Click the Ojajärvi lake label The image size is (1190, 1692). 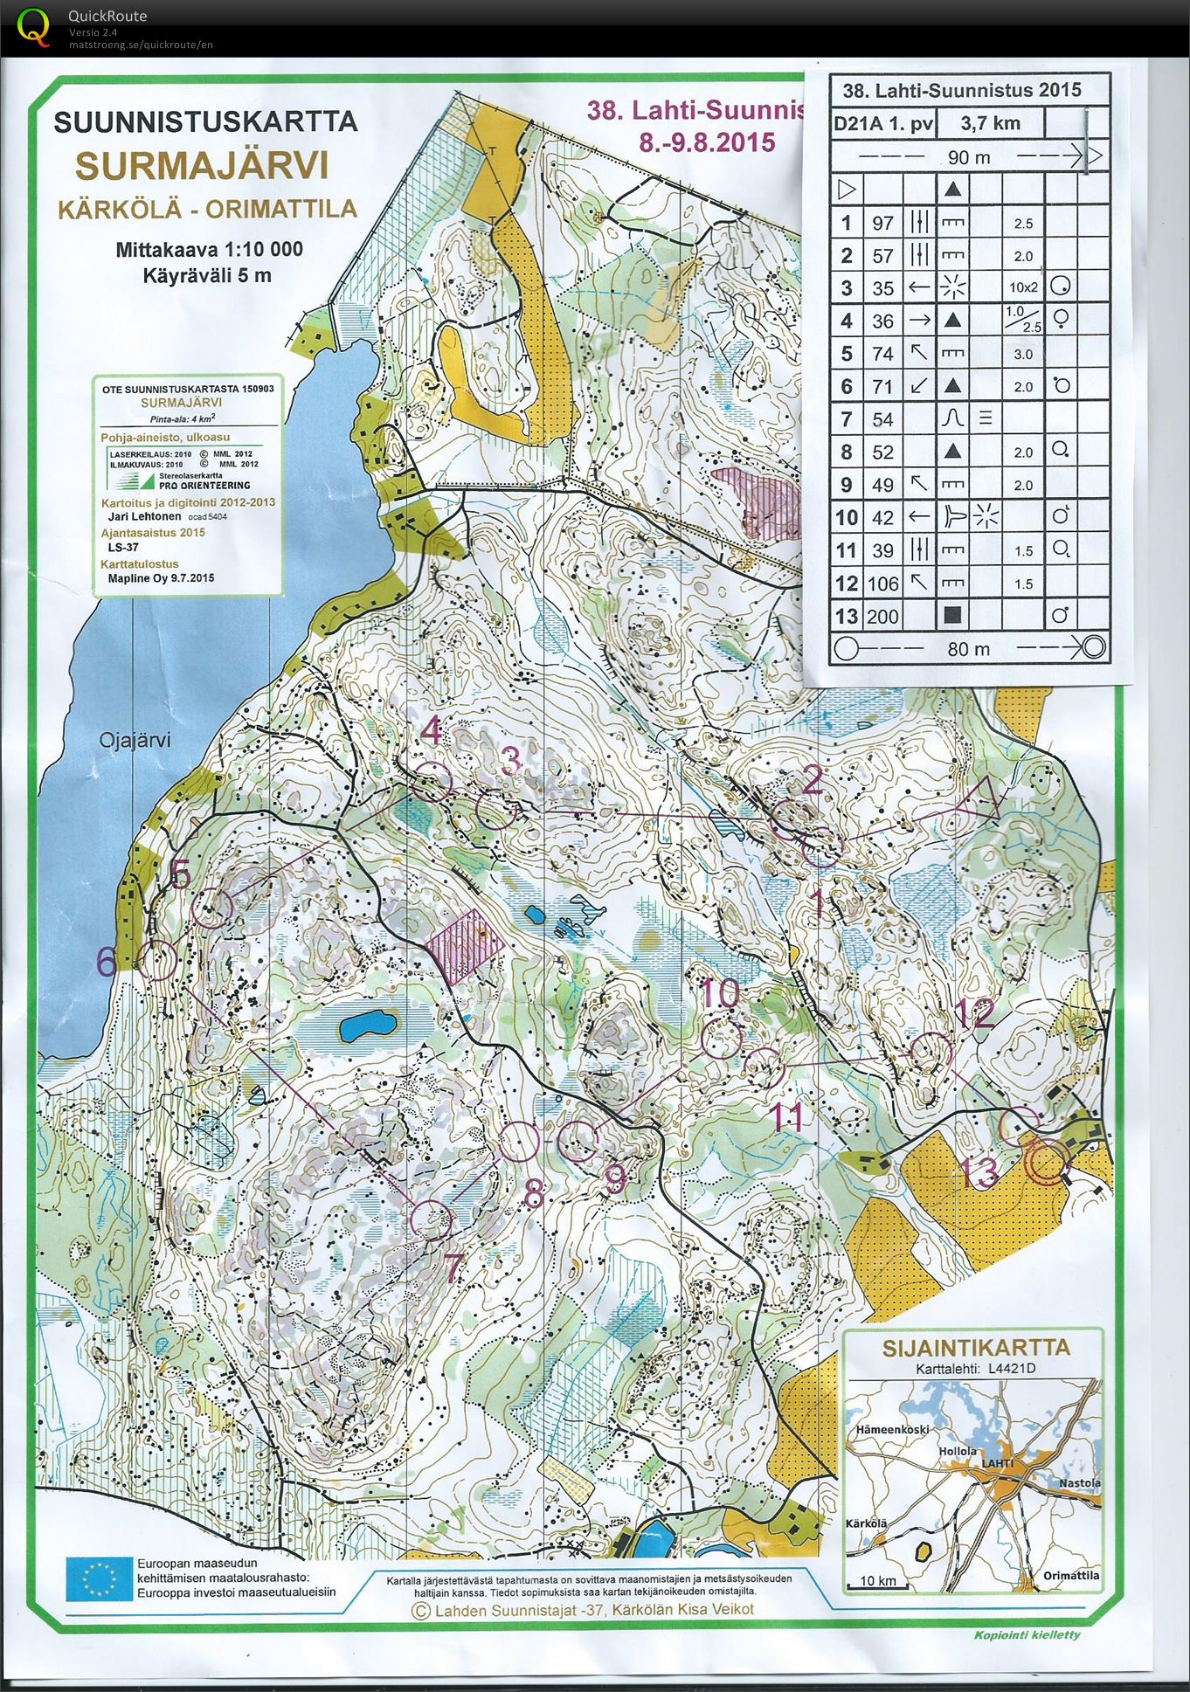pos(135,741)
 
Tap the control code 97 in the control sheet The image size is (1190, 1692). pos(883,223)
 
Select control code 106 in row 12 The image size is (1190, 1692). pos(883,584)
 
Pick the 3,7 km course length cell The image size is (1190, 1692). pos(990,123)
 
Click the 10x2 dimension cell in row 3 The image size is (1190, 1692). pos(1023,287)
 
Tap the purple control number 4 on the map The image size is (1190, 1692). pos(432,730)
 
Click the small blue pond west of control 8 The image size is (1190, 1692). pos(365,1026)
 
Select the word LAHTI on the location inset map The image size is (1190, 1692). pos(997,1463)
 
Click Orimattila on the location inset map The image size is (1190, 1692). pos(1071,1576)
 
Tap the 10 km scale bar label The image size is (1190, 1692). pos(877,1581)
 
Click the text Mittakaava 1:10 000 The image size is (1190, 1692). pos(209,250)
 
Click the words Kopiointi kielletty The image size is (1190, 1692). pos(1027,1634)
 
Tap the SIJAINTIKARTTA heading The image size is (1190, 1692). pos(975,1347)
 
